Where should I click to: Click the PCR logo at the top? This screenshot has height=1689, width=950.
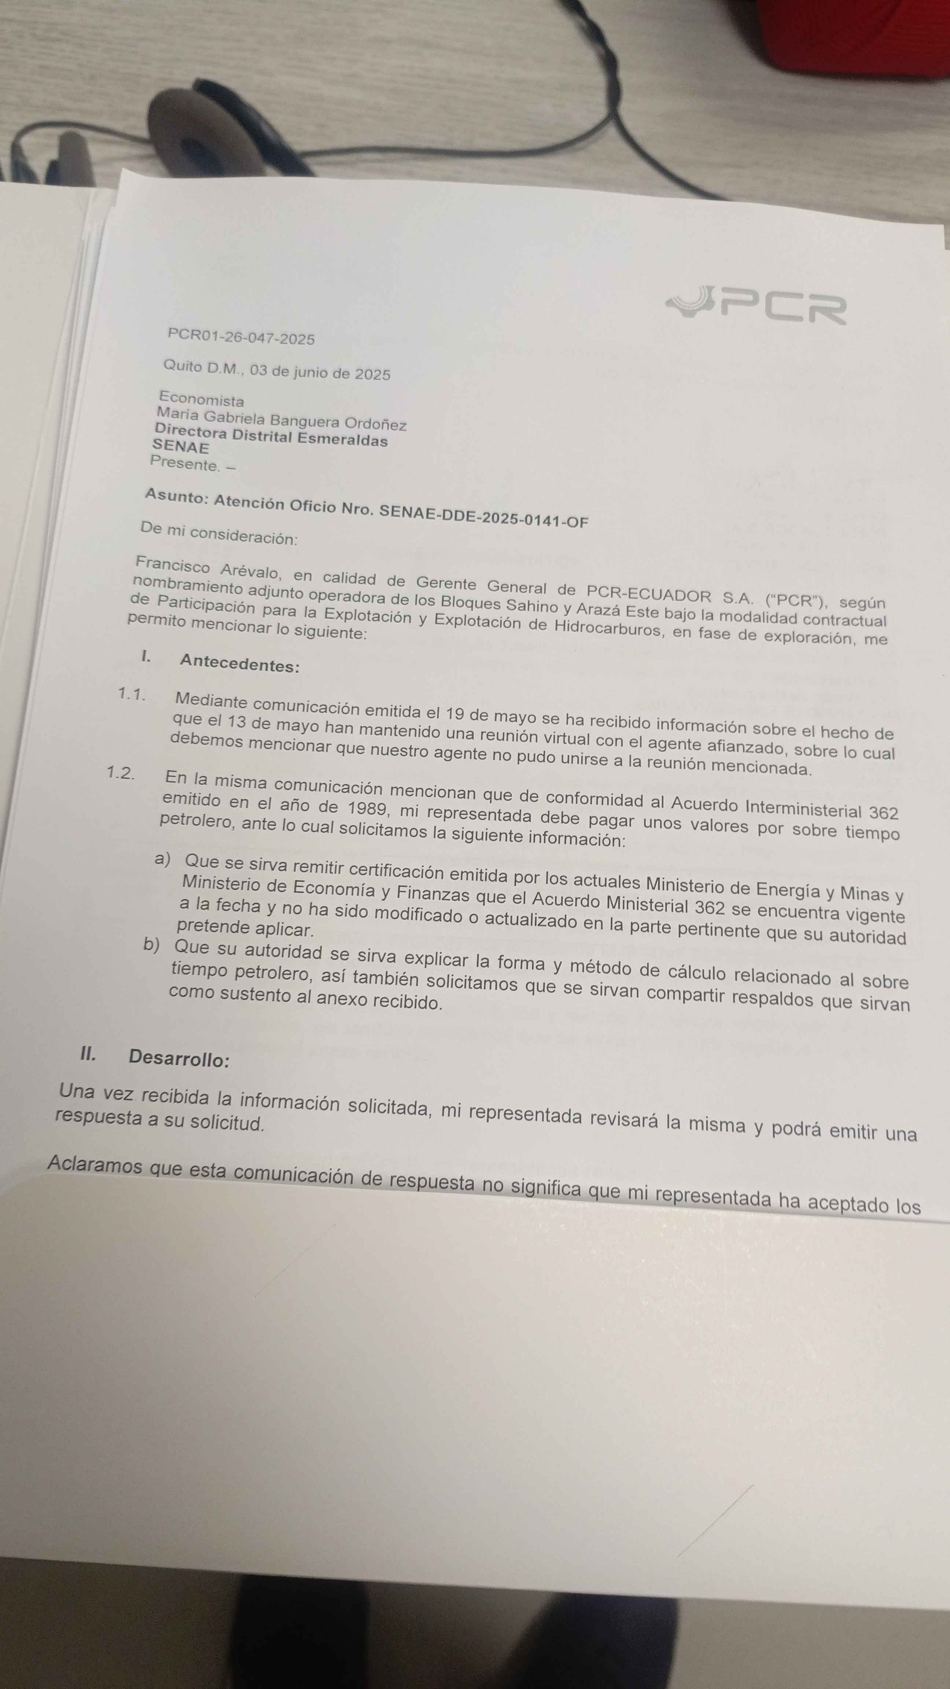click(756, 305)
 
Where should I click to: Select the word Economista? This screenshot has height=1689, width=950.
click(201, 399)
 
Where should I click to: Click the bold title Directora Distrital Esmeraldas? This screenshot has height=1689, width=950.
click(271, 437)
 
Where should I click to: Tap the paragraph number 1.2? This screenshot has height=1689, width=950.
click(121, 772)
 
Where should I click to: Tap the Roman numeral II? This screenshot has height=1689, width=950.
click(88, 1054)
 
